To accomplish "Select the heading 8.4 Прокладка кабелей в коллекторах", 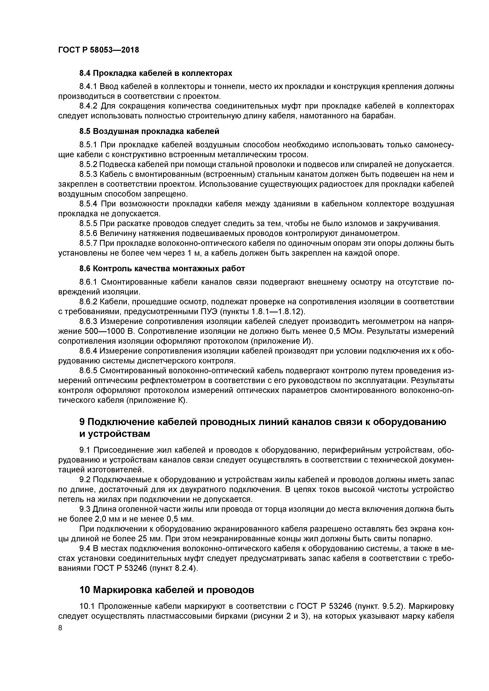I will (x=156, y=73).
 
